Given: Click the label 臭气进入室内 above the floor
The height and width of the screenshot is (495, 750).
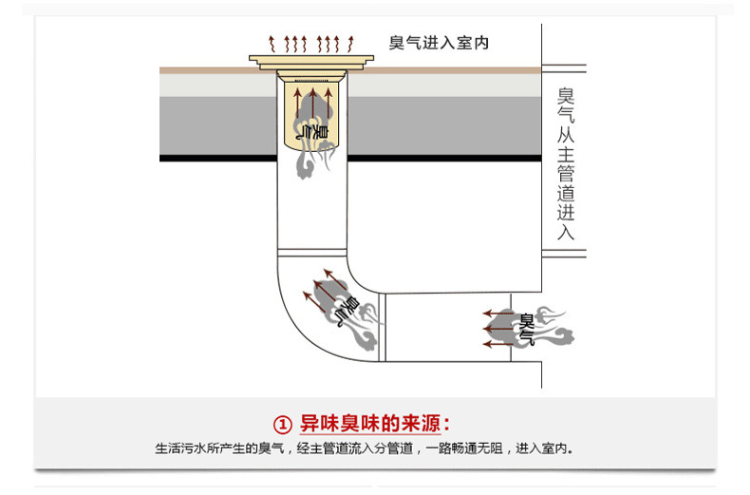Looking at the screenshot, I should [438, 43].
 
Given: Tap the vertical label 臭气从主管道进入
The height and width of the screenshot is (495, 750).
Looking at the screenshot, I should [566, 162].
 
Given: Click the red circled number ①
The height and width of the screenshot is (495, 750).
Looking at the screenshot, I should [281, 423].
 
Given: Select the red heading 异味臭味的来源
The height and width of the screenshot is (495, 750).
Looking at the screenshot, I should [374, 423].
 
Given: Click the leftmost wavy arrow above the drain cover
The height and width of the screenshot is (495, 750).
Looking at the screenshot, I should [272, 43].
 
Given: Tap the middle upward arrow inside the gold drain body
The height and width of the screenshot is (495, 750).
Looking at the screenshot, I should [310, 97].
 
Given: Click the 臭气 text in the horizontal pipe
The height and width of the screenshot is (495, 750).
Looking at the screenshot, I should [525, 327].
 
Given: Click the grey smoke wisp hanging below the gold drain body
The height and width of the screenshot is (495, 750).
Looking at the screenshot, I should [309, 165].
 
